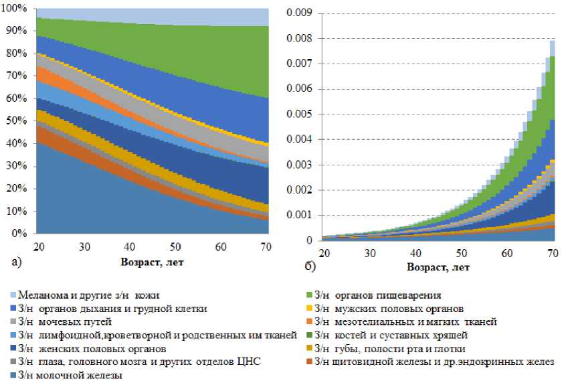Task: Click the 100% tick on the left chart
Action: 15,8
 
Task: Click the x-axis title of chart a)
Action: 153,262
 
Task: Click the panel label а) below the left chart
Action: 17,262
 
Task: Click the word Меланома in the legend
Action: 42,295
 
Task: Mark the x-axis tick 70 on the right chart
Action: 553,253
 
